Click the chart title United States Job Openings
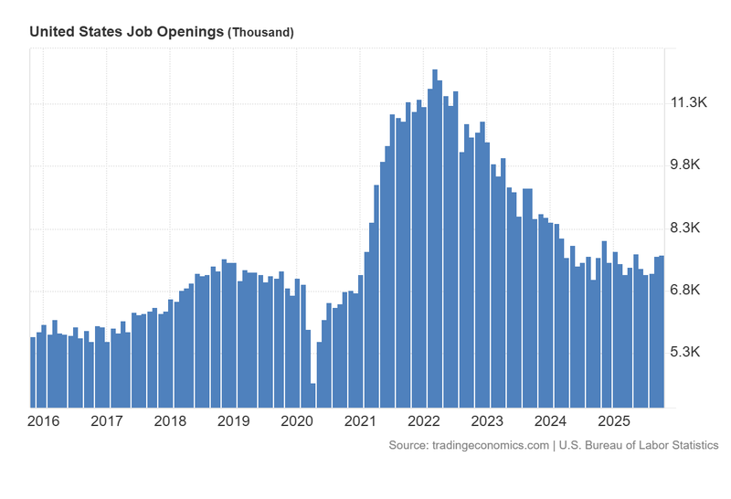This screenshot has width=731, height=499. [x=126, y=31]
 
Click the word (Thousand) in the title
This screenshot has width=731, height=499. [x=261, y=32]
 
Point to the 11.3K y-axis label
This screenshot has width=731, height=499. [x=690, y=103]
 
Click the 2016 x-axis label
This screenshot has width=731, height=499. [x=45, y=421]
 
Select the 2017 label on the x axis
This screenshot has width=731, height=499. [x=108, y=421]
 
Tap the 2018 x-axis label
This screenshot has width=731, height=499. [x=171, y=421]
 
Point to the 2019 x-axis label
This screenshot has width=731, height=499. [x=234, y=421]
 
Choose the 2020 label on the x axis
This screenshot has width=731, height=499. [x=297, y=421]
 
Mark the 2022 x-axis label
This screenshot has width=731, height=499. [x=424, y=421]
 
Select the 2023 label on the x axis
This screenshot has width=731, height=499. [x=487, y=421]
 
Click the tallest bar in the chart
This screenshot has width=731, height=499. [x=435, y=238]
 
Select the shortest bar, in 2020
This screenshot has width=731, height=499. [x=313, y=396]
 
